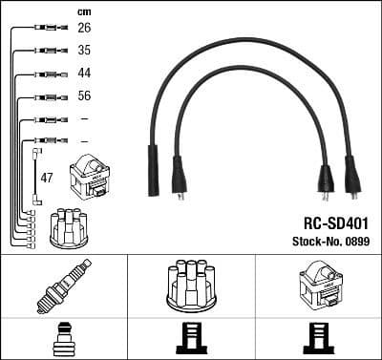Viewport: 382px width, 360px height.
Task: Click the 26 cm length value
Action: click(84, 29)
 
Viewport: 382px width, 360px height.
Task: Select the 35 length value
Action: click(84, 52)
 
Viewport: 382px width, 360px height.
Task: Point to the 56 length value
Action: click(84, 96)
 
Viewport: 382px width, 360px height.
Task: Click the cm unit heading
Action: click(83, 11)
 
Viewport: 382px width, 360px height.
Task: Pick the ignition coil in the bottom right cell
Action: click(318, 286)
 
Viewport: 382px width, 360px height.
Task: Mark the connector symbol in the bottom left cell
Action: click(64, 339)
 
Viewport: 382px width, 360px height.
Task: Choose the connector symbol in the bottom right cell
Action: click(318, 339)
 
